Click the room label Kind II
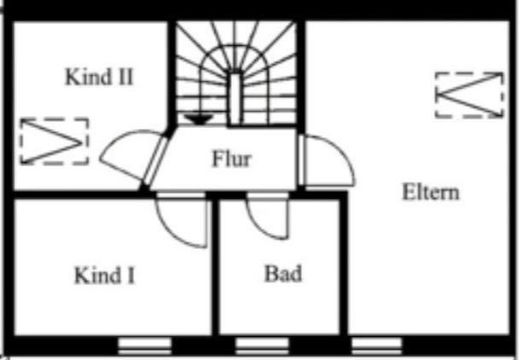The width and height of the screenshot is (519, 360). pyautogui.click(x=99, y=77)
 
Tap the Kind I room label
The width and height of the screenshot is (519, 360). pyautogui.click(x=104, y=276)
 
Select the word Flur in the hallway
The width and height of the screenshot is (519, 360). pyautogui.click(x=230, y=158)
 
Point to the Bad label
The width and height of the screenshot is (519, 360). pyautogui.click(x=283, y=274)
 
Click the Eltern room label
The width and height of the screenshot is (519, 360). pyautogui.click(x=430, y=191)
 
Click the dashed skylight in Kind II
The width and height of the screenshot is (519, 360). pyautogui.click(x=54, y=141)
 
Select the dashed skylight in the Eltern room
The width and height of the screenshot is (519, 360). pyautogui.click(x=469, y=95)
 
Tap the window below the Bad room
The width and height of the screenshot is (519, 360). pyautogui.click(x=262, y=345)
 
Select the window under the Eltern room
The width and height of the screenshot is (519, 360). pyautogui.click(x=376, y=345)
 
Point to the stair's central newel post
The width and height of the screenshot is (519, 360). pyautogui.click(x=235, y=94)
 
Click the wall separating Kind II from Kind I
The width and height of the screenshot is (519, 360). pyautogui.click(x=77, y=195)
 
